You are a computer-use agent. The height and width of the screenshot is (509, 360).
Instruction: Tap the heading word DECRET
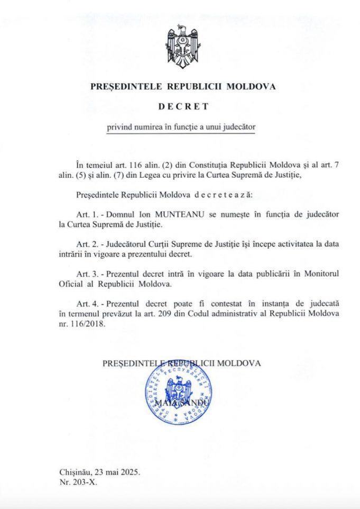180,106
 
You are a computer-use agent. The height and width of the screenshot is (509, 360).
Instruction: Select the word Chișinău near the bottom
73,471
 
